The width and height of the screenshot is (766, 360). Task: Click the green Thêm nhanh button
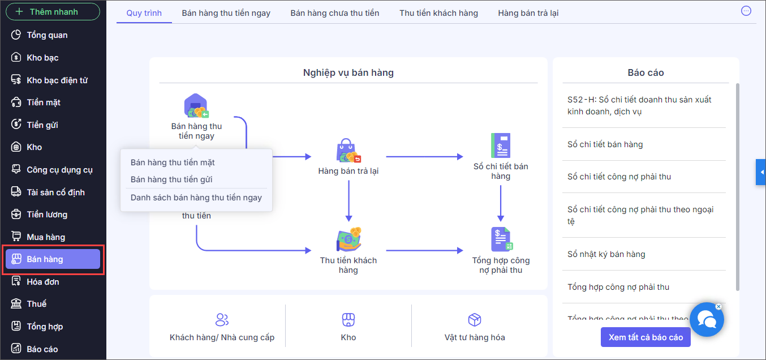53,12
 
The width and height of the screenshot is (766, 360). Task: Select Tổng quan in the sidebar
47,35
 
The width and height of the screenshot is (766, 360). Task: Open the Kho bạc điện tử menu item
57,80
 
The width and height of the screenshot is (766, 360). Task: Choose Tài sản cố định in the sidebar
55,192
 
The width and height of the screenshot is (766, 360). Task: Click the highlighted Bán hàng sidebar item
53,259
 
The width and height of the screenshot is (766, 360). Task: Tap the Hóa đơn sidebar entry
42,282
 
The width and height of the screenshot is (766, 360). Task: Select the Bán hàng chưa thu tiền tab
335,13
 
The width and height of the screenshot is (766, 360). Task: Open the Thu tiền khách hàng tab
438,13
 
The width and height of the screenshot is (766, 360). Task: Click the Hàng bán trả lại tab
528,13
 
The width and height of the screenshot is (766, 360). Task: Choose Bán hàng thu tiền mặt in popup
173,162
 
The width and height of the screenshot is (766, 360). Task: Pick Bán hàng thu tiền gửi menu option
171,179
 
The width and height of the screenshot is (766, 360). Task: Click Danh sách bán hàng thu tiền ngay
196,198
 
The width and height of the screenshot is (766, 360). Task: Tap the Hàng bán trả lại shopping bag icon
348,151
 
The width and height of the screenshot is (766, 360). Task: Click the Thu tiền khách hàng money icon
348,239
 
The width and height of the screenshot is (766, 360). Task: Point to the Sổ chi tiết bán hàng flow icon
501,146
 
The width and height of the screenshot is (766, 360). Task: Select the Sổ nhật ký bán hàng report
606,254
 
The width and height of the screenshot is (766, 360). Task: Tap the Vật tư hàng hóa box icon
475,320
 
